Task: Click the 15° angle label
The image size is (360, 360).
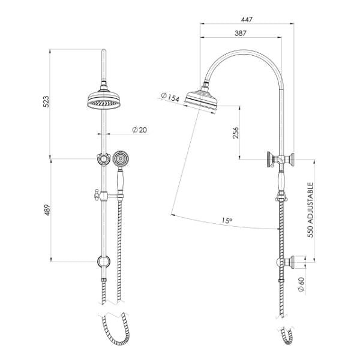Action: [226, 221]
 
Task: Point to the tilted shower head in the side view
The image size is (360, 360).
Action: [200, 100]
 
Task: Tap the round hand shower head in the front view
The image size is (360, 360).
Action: [122, 159]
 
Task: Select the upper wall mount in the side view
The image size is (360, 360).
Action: [281, 160]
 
